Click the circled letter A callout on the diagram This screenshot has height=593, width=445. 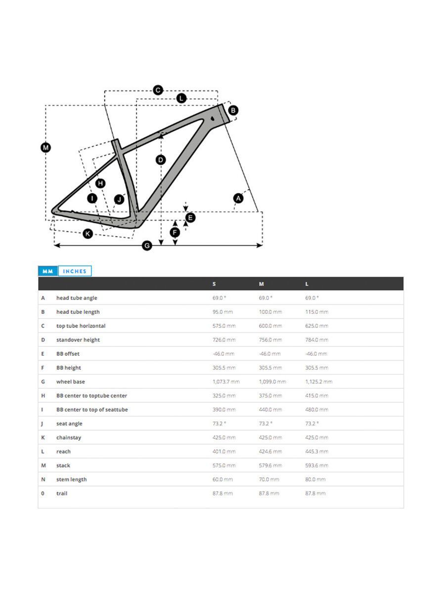coord(238,198)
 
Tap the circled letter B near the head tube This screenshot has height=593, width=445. coord(233,110)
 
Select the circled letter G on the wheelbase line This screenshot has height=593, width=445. coord(147,246)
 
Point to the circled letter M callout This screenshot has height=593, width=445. coord(45,147)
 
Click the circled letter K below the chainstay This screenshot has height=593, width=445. coord(88,233)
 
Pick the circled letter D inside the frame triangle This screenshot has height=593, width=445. coord(161,160)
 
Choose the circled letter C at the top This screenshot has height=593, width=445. coord(158,90)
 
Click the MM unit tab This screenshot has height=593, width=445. coord(48,271)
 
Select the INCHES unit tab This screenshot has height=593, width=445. coord(75,271)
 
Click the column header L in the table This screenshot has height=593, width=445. coord(307,284)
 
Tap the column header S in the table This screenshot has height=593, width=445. coord(214,284)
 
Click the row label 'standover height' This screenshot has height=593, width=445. coord(78,340)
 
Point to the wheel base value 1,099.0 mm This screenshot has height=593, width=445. coord(272,381)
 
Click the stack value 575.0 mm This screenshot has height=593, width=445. coord(222,466)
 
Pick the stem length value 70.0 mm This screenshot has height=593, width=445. coord(269,479)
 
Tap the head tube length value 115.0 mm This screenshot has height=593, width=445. coord(316,312)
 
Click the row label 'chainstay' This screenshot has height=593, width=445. coord(69,437)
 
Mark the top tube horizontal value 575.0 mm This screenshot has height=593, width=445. coord(223,326)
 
